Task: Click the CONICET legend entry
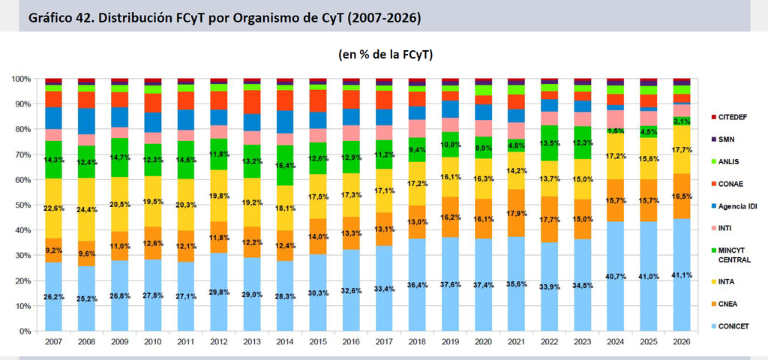pyautogui.click(x=730, y=327)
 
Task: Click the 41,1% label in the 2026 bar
pyautogui.click(x=682, y=275)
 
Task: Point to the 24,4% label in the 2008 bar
pyautogui.click(x=87, y=210)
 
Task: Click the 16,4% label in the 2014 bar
pyautogui.click(x=285, y=166)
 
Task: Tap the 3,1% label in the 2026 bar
pyautogui.click(x=682, y=121)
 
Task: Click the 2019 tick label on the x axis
pyautogui.click(x=451, y=341)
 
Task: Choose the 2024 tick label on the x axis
pyautogui.click(x=616, y=341)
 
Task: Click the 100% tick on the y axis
pyautogui.click(x=22, y=79)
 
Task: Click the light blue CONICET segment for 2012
pyautogui.click(x=219, y=292)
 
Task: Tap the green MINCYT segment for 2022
pyautogui.click(x=550, y=143)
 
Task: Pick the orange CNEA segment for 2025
pyautogui.click(x=649, y=201)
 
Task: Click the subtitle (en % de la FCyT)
pyautogui.click(x=385, y=55)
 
